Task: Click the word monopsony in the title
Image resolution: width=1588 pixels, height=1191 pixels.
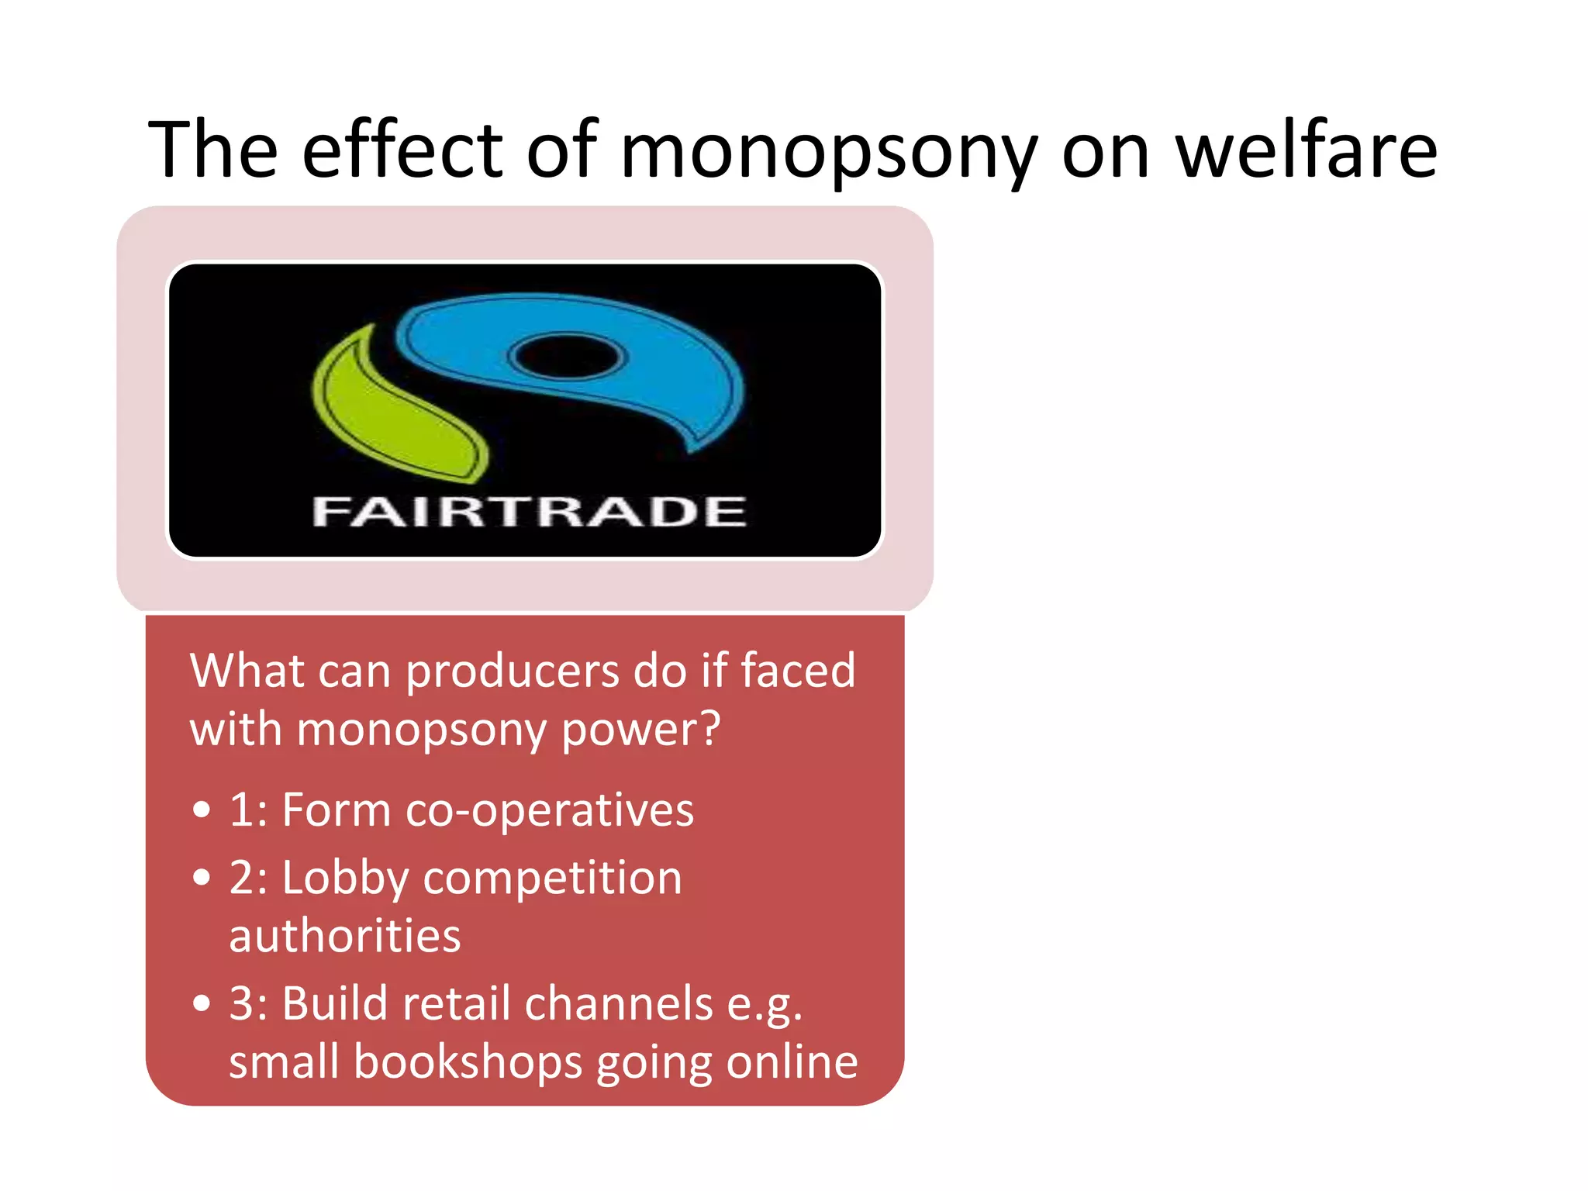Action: pos(828,151)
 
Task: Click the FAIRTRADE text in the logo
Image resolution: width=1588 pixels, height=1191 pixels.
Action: pos(529,512)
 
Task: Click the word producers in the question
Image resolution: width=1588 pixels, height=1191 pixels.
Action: pos(513,671)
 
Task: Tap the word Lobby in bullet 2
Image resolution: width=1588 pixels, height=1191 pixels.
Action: pos(344,879)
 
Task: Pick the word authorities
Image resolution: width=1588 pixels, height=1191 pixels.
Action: pos(344,936)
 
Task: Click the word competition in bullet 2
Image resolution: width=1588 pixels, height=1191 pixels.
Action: pos(552,879)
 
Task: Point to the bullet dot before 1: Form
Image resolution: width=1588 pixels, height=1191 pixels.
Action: pos(202,810)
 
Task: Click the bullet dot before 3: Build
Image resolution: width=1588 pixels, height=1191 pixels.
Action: pos(202,1003)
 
